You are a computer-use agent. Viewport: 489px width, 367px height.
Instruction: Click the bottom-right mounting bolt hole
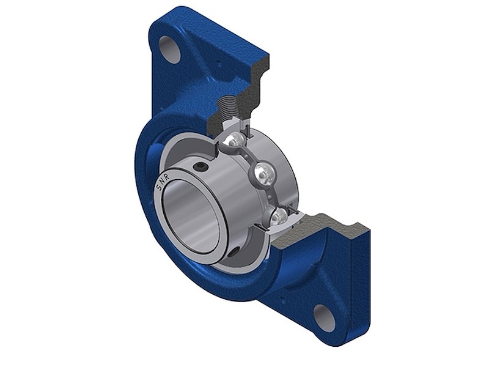[x=325, y=317]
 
